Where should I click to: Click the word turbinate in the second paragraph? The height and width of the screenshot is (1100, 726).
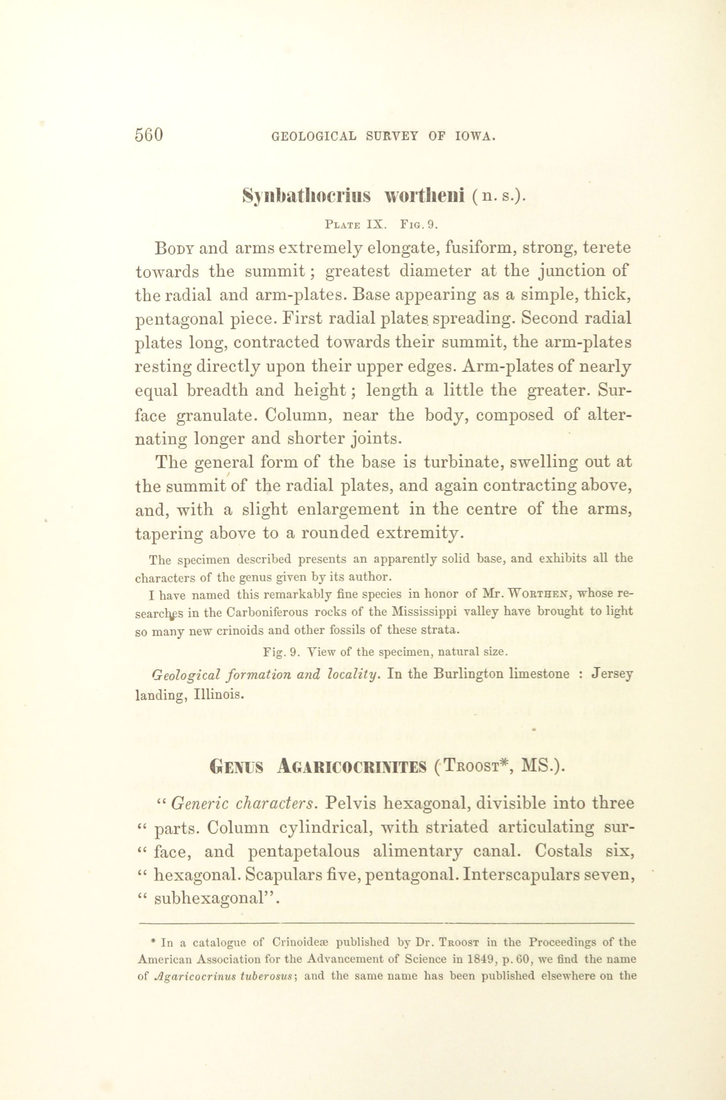445,462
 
